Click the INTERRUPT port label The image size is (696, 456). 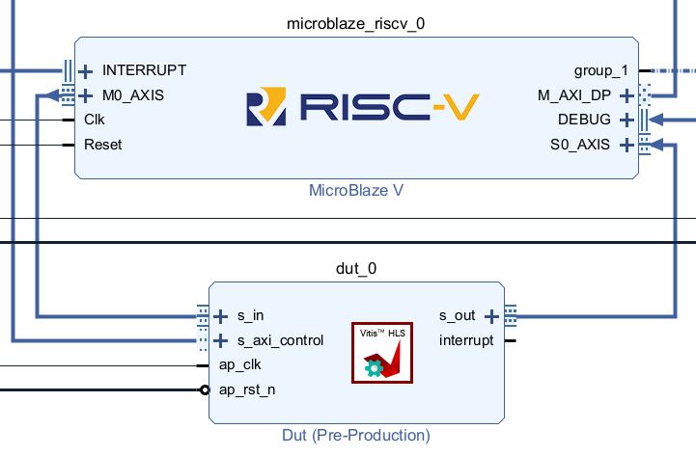click(x=144, y=70)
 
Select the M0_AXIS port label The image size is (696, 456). click(x=133, y=95)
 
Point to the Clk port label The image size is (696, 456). click(x=95, y=121)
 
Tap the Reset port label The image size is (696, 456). click(x=103, y=146)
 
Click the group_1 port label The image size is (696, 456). click(x=600, y=70)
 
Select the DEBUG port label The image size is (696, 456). click(x=584, y=121)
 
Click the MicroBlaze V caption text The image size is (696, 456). click(x=355, y=190)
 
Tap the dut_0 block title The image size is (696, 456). click(x=355, y=268)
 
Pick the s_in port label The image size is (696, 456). click(x=251, y=315)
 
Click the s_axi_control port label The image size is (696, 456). click(x=281, y=340)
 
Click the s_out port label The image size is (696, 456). click(x=458, y=315)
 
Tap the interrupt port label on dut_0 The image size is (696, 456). click(x=466, y=340)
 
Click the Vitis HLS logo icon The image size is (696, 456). click(x=381, y=352)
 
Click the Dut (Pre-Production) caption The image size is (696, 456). click(x=355, y=435)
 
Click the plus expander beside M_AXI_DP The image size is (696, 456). click(x=626, y=95)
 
